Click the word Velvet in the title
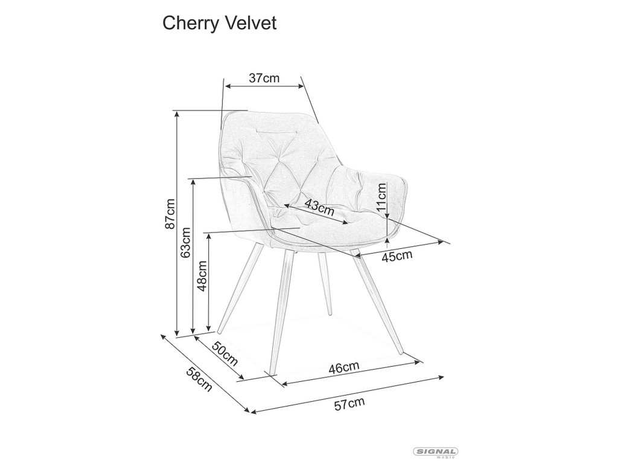[252, 23]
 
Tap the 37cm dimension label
[264, 78]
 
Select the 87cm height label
[170, 213]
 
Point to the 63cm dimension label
[185, 243]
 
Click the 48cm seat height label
[202, 275]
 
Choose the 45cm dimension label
[397, 256]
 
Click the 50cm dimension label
[225, 354]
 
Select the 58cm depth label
[199, 379]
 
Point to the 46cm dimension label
[343, 367]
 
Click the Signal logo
[435, 452]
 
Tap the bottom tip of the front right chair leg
[401, 353]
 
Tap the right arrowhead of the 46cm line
[419, 361]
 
